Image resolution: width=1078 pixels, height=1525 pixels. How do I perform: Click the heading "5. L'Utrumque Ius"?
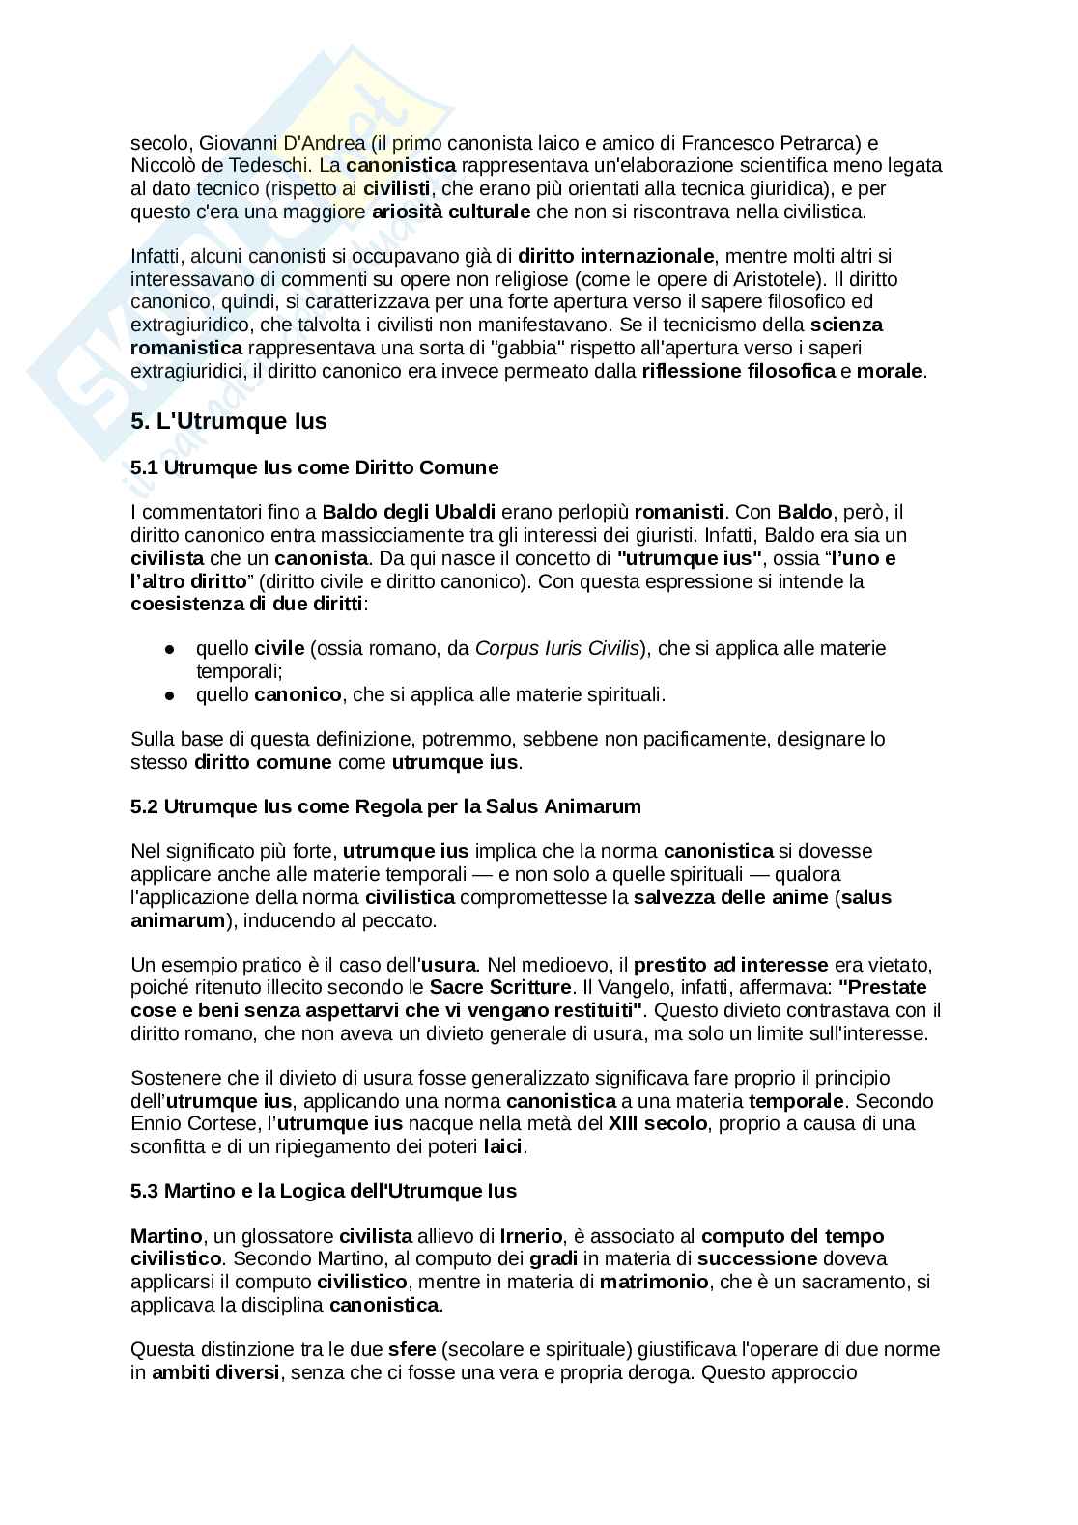pyautogui.click(x=229, y=422)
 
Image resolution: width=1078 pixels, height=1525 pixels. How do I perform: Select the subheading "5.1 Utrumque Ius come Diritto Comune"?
pyautogui.click(x=314, y=468)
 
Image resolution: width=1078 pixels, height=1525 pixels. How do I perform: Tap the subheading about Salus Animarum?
pyautogui.click(x=385, y=806)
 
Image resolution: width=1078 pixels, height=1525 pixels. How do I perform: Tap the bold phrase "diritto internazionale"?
pyautogui.click(x=616, y=257)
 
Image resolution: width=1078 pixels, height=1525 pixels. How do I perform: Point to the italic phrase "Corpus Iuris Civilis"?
pyautogui.click(x=557, y=648)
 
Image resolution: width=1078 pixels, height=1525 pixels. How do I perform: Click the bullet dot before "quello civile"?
pyautogui.click(x=170, y=649)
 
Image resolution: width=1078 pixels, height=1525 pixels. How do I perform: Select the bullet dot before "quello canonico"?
pyautogui.click(x=170, y=695)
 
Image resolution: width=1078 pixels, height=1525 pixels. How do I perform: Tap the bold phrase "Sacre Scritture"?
pyautogui.click(x=500, y=988)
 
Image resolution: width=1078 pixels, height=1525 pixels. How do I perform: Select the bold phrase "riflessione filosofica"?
pyautogui.click(x=738, y=371)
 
